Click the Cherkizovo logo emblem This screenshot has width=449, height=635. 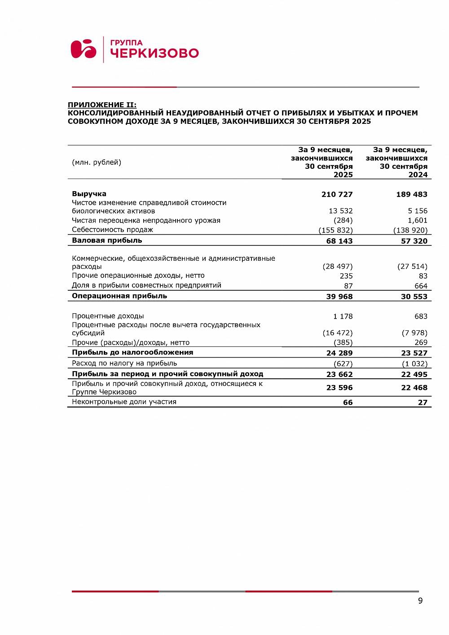84,49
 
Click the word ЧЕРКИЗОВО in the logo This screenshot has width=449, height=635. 154,53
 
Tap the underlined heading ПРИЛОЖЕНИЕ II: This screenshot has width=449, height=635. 102,105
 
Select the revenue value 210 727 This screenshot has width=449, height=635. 337,194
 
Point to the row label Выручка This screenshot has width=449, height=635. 89,194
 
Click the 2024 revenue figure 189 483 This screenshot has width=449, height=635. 412,194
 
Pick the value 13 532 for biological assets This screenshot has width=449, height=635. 341,211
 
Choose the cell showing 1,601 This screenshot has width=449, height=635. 418,220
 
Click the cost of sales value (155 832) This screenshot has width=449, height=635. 335,230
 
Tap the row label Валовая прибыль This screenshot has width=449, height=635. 107,241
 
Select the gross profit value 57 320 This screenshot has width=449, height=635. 414,241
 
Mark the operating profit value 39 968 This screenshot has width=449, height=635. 339,297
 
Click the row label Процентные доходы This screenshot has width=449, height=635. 108,316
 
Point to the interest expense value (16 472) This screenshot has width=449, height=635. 337,333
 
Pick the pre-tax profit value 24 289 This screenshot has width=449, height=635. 339,353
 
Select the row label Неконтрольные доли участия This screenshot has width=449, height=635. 124,402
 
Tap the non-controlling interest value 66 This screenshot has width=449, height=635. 348,403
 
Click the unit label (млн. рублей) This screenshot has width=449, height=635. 97,162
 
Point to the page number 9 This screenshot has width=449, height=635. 420,601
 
